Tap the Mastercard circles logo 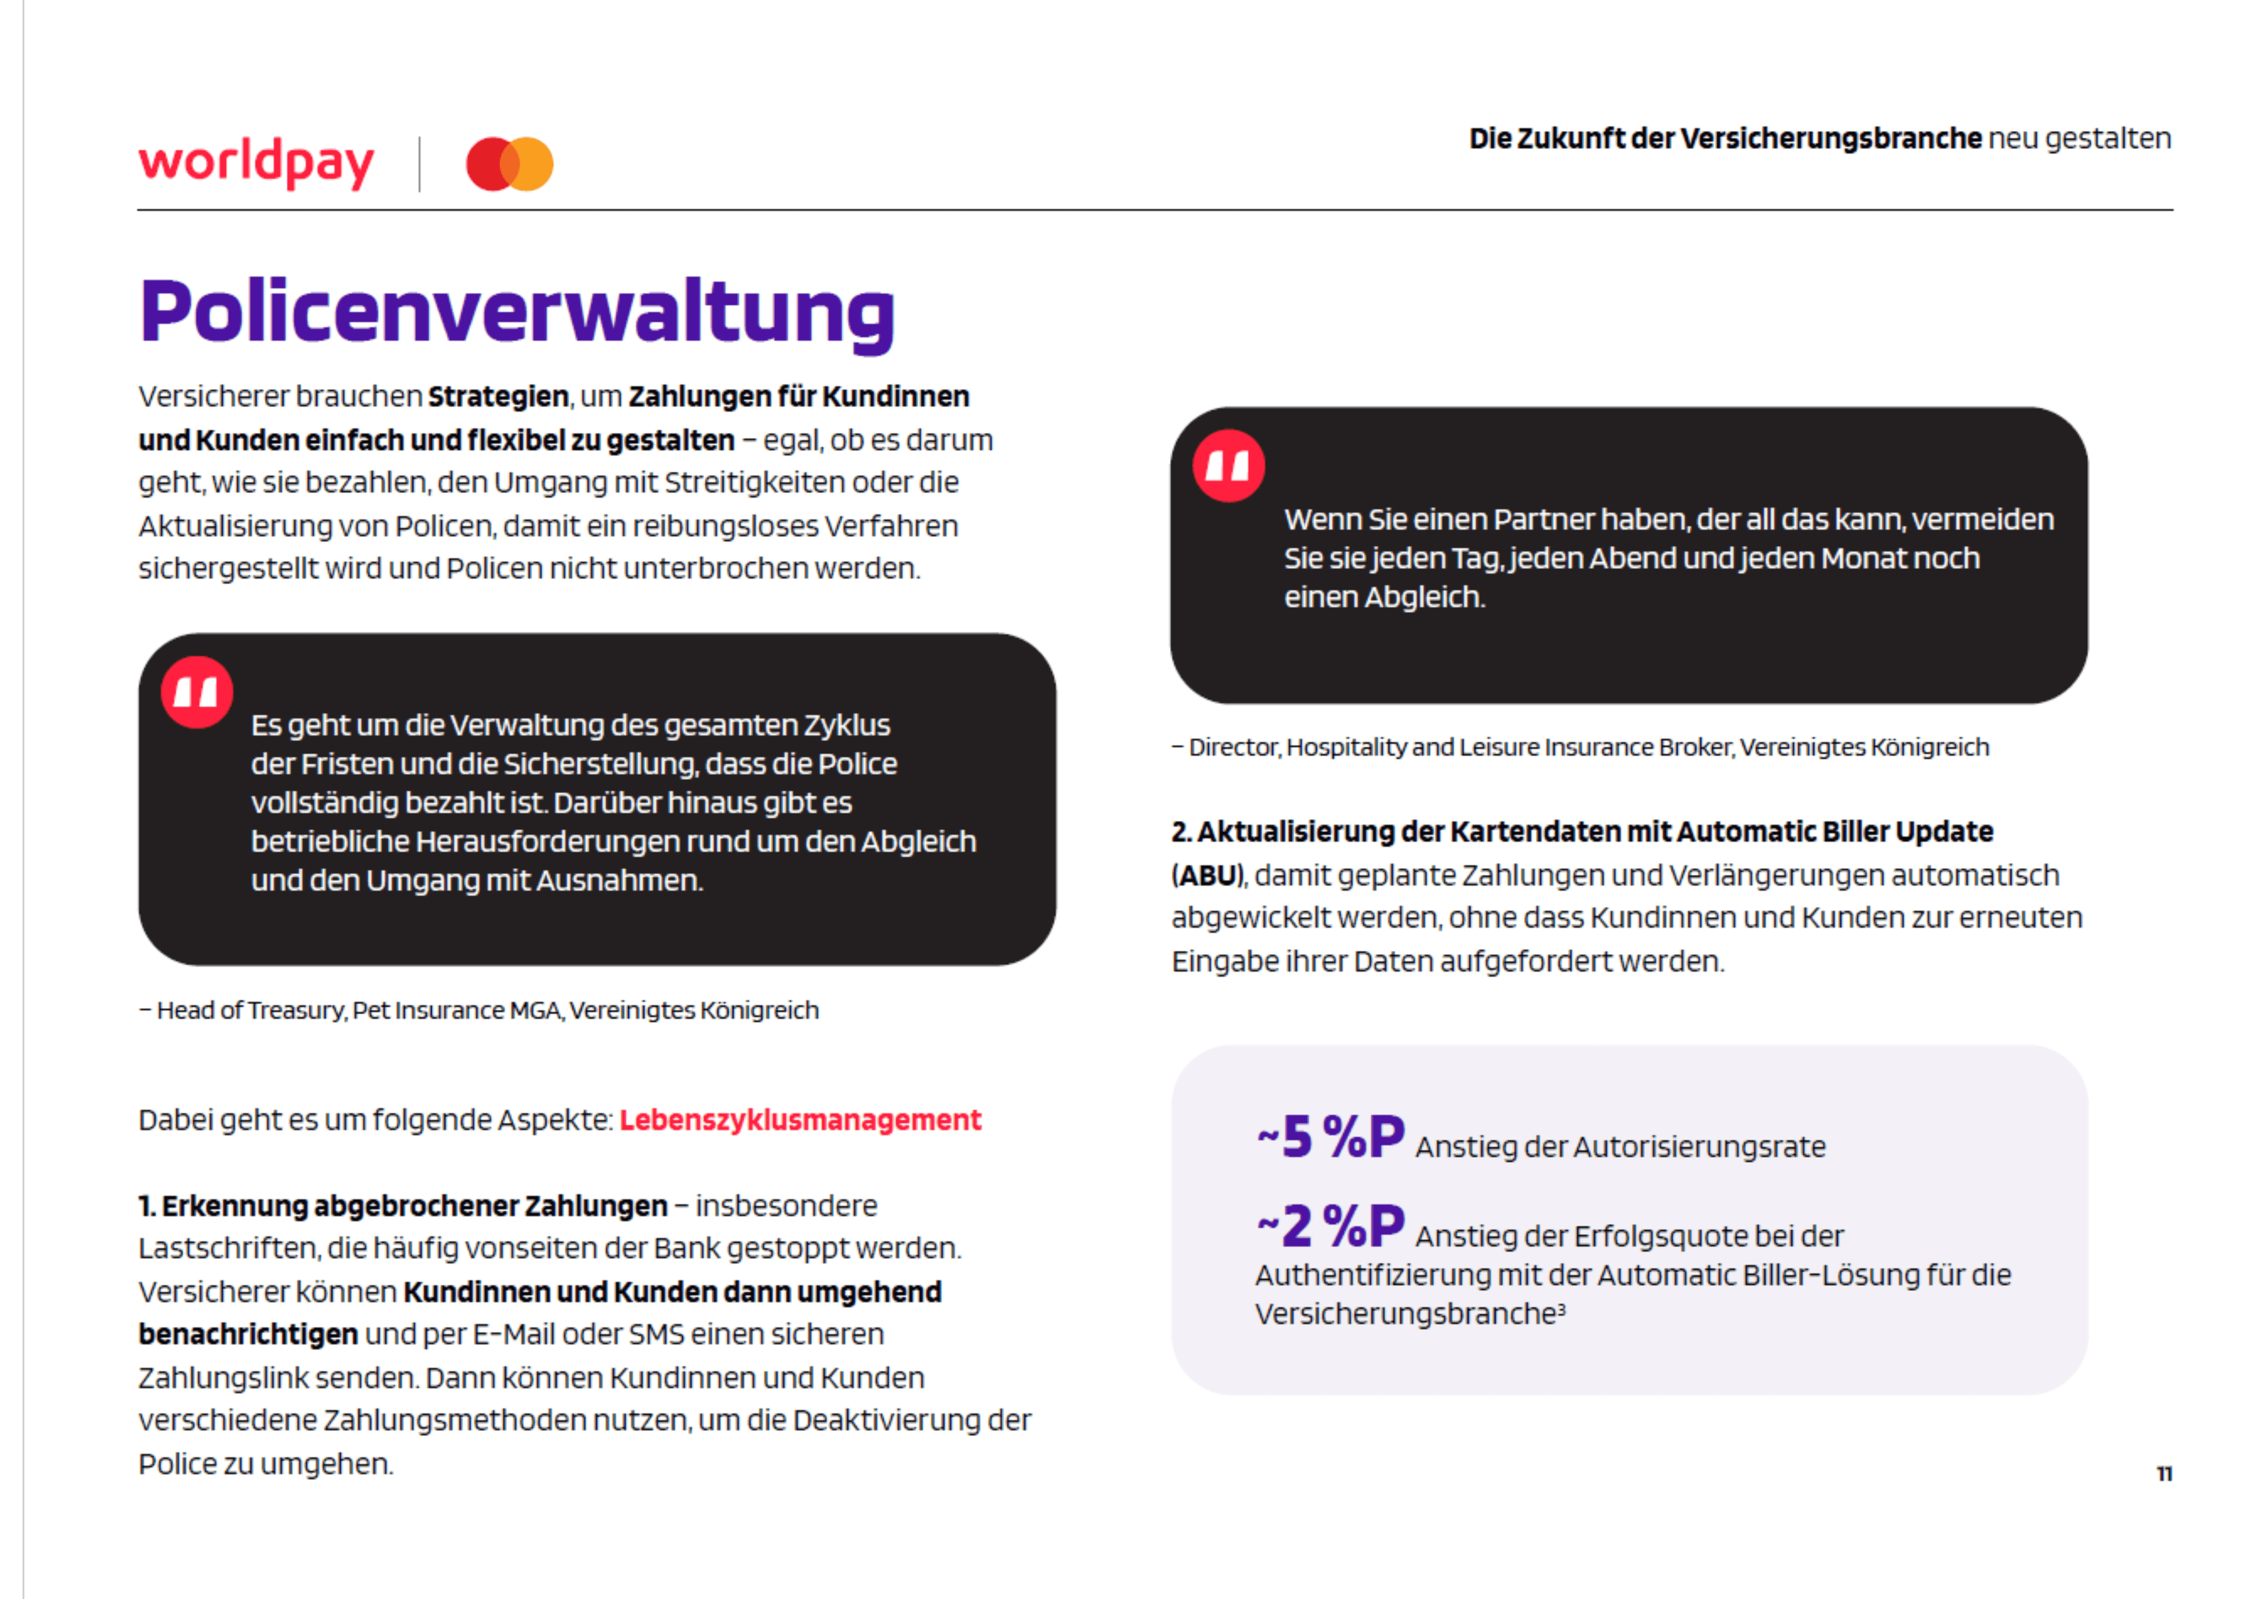click(510, 164)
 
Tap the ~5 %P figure click(1331, 1137)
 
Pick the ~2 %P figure click(1331, 1227)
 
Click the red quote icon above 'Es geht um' click(197, 692)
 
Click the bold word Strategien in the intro click(498, 396)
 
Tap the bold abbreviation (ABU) click(1208, 875)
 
